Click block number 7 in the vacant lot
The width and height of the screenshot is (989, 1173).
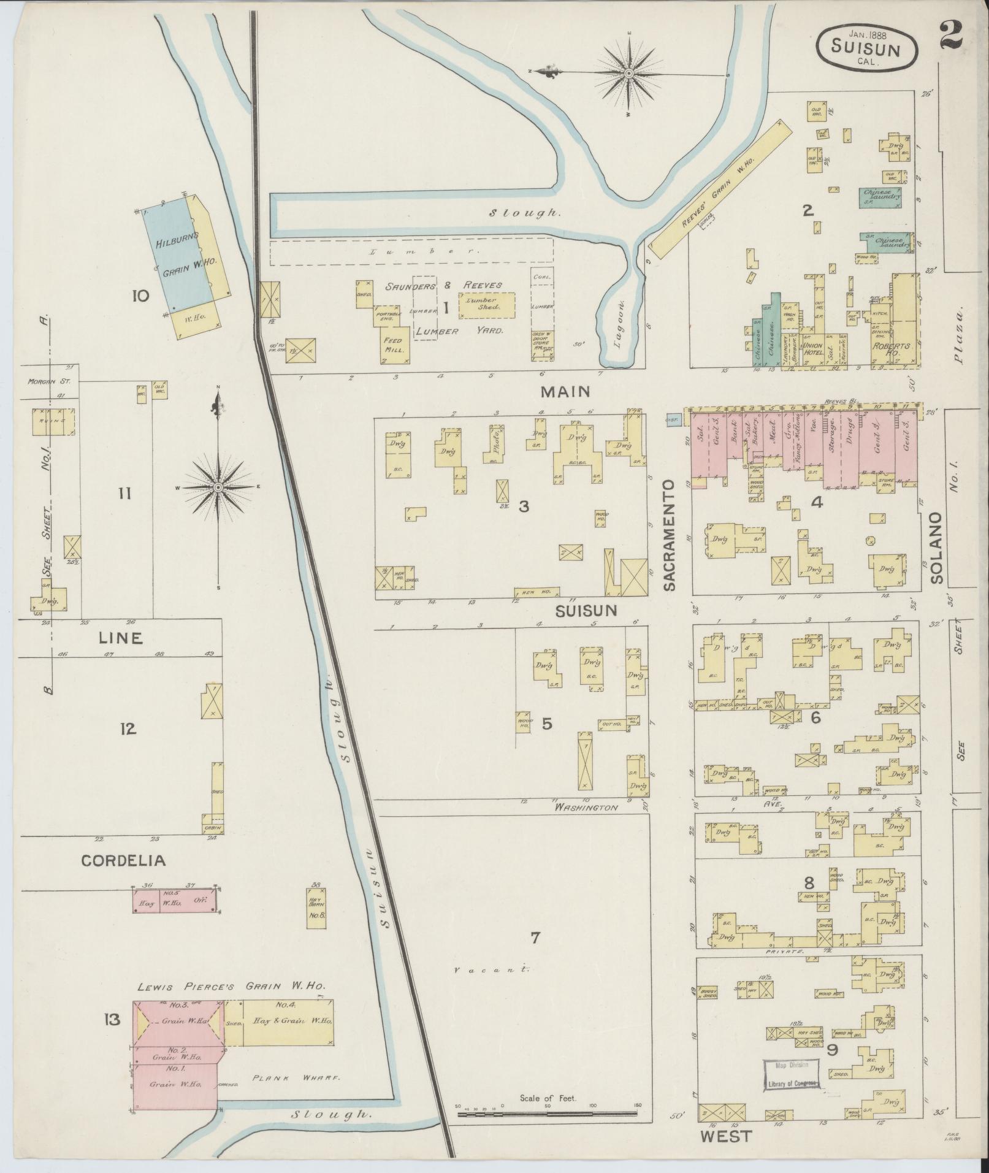pos(535,937)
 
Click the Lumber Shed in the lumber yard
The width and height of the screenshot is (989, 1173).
pos(487,304)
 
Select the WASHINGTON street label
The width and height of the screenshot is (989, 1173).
pos(586,808)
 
